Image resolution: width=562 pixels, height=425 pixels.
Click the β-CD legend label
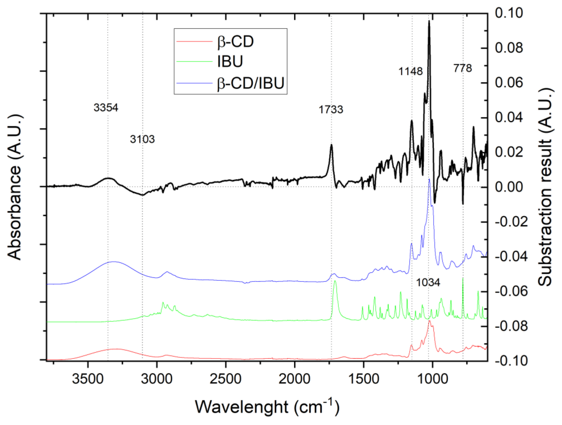[x=235, y=42]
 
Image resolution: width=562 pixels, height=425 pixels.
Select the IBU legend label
[x=230, y=62]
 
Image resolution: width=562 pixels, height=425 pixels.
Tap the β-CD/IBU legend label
[x=251, y=83]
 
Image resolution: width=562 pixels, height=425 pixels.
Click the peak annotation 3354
[x=106, y=108]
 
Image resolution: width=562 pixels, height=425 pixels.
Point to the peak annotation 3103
[x=142, y=139]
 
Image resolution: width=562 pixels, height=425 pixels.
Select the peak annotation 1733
[x=331, y=110]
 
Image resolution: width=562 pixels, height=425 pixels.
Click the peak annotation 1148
[x=410, y=72]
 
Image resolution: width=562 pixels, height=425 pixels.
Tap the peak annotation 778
[x=462, y=68]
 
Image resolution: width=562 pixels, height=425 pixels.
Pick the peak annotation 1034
[x=428, y=283]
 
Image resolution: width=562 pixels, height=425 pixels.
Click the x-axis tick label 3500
[x=88, y=379]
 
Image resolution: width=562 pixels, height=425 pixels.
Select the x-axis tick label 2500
[x=225, y=379]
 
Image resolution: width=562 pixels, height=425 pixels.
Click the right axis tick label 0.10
[x=509, y=13]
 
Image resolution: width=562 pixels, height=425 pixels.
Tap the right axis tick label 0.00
[x=509, y=187]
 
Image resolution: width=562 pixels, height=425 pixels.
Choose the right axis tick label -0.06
[x=511, y=291]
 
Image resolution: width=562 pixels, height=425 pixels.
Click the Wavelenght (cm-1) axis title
[x=267, y=407]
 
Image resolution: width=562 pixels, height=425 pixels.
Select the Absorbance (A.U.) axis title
[x=14, y=187]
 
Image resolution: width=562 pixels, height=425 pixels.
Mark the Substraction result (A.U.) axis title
[x=545, y=187]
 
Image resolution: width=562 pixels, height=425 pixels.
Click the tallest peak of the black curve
[x=429, y=21]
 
